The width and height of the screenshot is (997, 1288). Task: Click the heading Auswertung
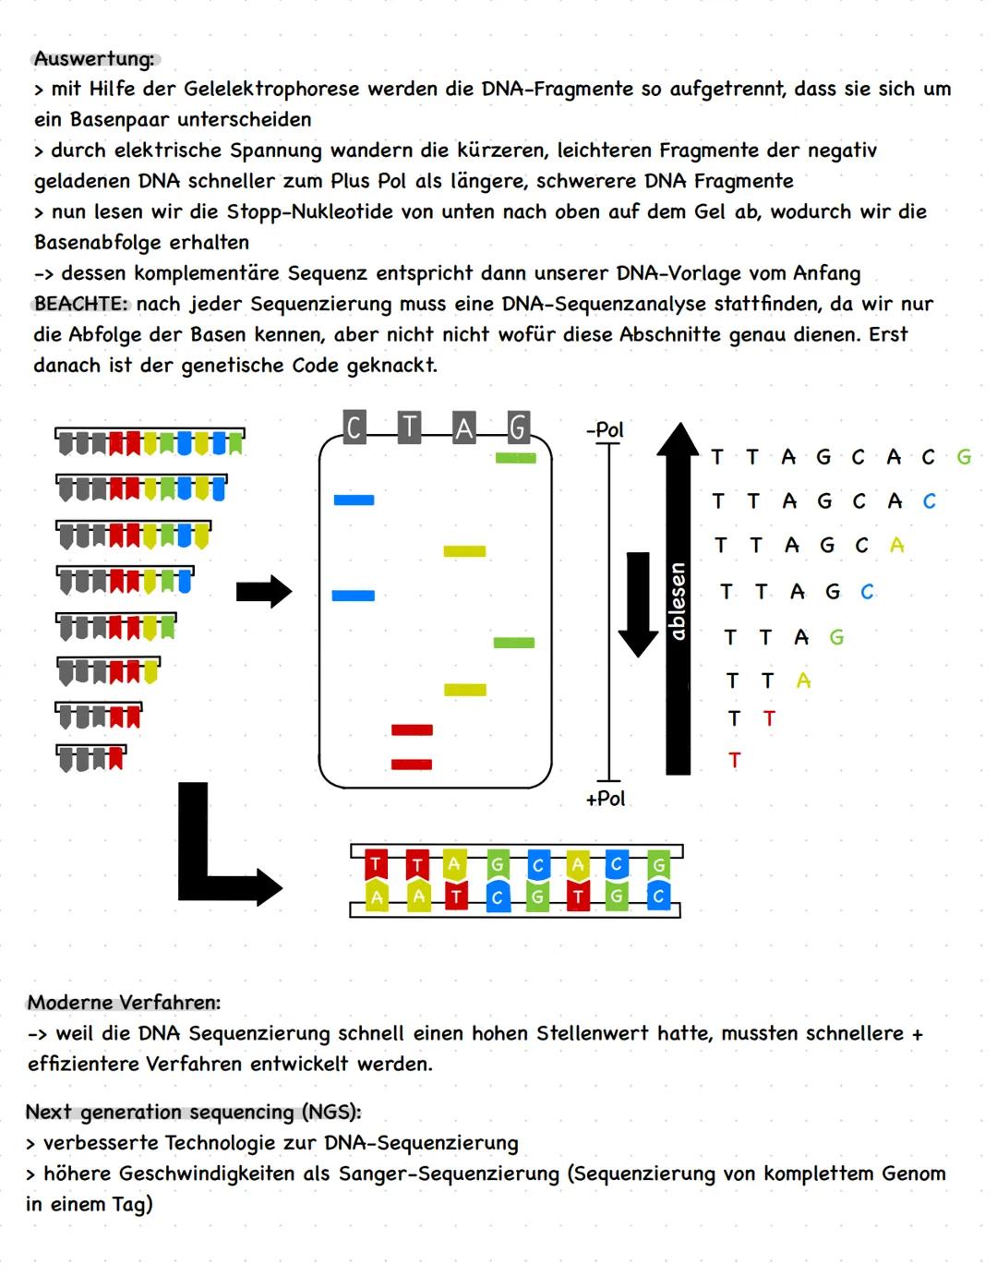(x=94, y=59)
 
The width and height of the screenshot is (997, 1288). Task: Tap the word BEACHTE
(x=80, y=305)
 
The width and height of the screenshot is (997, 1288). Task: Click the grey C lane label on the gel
(x=354, y=427)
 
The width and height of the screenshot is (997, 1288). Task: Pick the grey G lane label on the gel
(x=518, y=427)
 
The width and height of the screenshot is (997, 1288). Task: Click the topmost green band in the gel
(x=515, y=458)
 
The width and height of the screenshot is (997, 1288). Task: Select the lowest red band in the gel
(x=412, y=764)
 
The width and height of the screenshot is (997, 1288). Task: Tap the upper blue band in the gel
(x=354, y=500)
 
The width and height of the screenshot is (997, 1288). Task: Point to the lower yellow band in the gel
(x=464, y=690)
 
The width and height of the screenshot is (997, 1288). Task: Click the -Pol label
(x=605, y=430)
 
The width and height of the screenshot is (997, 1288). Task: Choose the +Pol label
(x=605, y=799)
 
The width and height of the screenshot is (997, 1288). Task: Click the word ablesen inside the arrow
(x=678, y=601)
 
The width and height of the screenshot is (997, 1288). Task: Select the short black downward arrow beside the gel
(x=638, y=603)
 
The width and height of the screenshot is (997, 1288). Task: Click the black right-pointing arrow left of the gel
(x=264, y=592)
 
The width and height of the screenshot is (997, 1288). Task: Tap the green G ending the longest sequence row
(x=964, y=457)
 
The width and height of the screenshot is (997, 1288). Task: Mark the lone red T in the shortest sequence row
(x=734, y=760)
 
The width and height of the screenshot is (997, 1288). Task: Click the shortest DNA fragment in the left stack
(x=90, y=757)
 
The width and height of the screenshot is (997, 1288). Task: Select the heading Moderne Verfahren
(x=124, y=1003)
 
